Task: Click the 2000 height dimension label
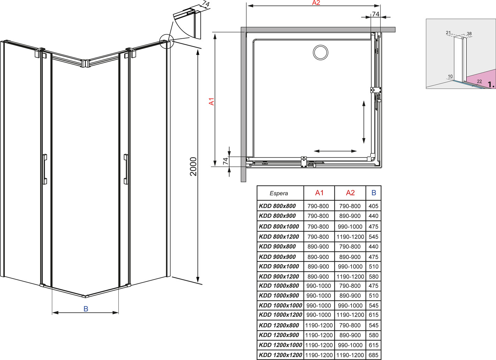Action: point(193,166)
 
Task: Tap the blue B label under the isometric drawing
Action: point(86,309)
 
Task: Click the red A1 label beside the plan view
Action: point(212,101)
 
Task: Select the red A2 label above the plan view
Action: point(316,3)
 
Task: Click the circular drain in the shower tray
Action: point(320,53)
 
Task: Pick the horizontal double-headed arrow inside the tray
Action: point(335,151)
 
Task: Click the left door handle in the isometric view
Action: point(45,169)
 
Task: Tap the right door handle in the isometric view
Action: point(126,169)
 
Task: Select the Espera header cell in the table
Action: point(279,193)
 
